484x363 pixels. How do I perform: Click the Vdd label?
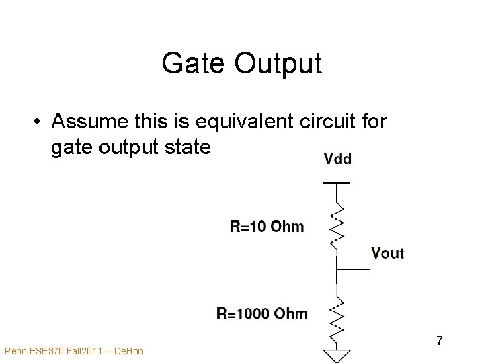click(337, 159)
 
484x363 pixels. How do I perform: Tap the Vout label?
click(388, 253)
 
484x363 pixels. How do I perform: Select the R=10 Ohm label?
click(267, 227)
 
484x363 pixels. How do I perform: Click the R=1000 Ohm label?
click(262, 313)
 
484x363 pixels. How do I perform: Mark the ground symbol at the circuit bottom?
click(337, 354)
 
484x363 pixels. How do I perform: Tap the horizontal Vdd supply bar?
click(337, 182)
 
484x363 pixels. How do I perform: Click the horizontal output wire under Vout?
click(353, 269)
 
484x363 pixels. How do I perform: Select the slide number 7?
click(440, 341)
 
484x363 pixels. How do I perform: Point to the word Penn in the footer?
click(15, 351)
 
